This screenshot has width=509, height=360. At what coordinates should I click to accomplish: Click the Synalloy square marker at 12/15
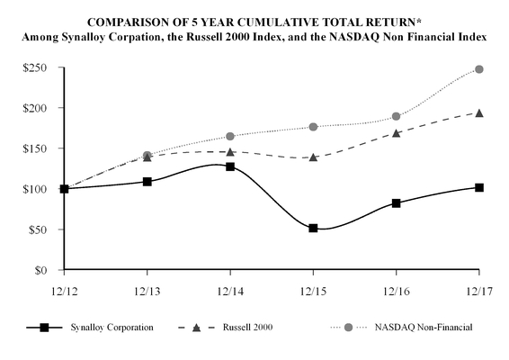pyautogui.click(x=313, y=229)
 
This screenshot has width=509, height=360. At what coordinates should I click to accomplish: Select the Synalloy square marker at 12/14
pyautogui.click(x=230, y=166)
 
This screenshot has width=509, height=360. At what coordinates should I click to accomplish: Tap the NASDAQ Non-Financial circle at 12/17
pyautogui.click(x=479, y=69)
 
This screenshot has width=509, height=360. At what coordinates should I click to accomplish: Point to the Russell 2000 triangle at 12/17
pyautogui.click(x=479, y=112)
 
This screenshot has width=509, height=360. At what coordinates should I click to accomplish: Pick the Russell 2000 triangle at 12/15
pyautogui.click(x=313, y=157)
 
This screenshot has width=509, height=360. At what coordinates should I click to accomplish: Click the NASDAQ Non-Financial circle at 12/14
pyautogui.click(x=230, y=136)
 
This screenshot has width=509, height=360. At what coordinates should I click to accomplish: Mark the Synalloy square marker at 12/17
pyautogui.click(x=479, y=187)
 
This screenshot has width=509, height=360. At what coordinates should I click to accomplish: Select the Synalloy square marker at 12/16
pyautogui.click(x=396, y=203)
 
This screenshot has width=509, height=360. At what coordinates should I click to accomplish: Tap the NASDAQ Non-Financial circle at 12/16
pyautogui.click(x=396, y=116)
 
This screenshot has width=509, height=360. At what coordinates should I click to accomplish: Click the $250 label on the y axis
pyautogui.click(x=34, y=67)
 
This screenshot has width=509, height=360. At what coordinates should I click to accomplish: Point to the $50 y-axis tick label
pyautogui.click(x=37, y=229)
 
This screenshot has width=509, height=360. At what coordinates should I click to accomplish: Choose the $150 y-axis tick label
pyautogui.click(x=34, y=148)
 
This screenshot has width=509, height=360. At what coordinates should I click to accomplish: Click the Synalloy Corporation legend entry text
pyautogui.click(x=115, y=328)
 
